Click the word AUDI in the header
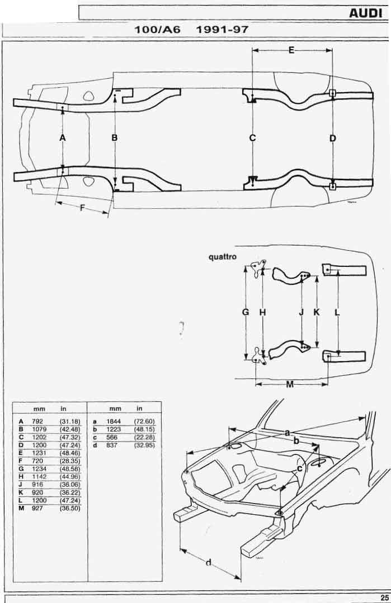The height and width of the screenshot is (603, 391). (366, 13)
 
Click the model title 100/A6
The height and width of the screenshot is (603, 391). (157, 30)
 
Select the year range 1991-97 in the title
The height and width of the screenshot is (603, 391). (223, 30)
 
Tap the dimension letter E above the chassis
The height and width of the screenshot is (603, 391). (291, 50)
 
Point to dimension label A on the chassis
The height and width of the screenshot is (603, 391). (63, 138)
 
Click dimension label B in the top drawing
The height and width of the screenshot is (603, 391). (115, 138)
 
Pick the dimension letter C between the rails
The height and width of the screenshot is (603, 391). (252, 138)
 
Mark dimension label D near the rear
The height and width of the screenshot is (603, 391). (333, 138)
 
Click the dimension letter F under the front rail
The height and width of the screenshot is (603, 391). (82, 208)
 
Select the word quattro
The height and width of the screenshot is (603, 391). (223, 257)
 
